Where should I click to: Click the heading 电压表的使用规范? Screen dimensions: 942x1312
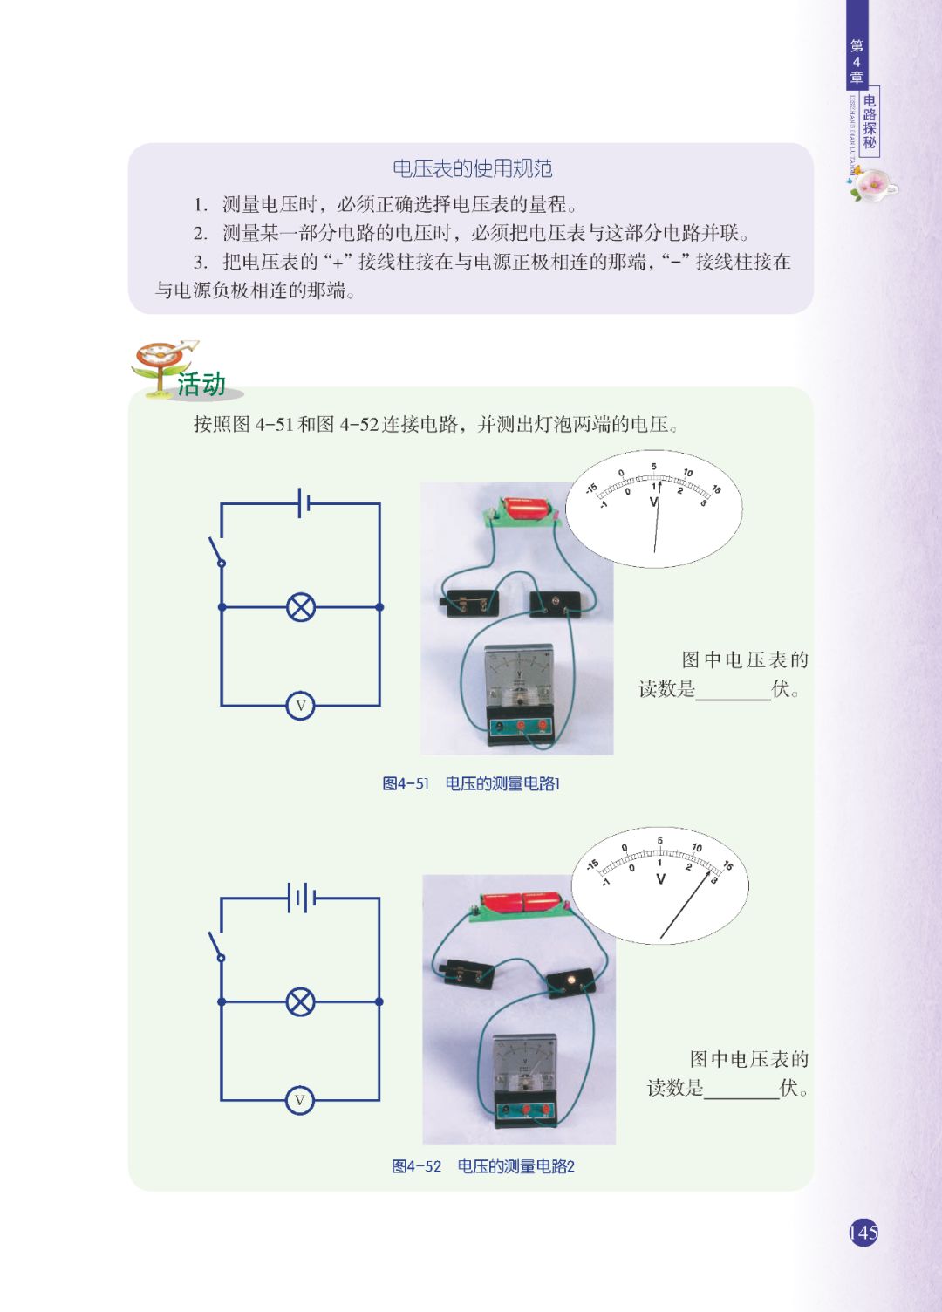click(472, 168)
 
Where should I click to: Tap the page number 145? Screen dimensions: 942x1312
click(863, 1233)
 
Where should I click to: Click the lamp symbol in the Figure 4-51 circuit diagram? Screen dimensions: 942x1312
click(301, 607)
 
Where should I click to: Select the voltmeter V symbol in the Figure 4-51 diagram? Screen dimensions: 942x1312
click(300, 705)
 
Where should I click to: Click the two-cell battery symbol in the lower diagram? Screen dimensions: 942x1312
click(301, 897)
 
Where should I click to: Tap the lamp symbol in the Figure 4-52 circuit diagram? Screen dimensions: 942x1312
click(301, 1001)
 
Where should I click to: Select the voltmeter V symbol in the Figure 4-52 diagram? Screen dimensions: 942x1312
click(300, 1100)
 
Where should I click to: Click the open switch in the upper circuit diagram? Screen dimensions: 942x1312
click(215, 551)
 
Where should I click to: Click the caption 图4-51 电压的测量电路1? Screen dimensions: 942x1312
click(471, 783)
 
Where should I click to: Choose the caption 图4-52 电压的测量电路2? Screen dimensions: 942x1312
click(483, 1166)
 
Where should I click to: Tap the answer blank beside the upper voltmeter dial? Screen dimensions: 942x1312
click(733, 690)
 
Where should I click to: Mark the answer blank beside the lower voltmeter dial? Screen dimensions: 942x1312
click(741, 1089)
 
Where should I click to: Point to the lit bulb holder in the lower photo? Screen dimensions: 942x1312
click(571, 981)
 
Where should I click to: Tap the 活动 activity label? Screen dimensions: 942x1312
click(201, 384)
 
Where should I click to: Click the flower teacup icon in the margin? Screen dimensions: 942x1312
click(872, 185)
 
